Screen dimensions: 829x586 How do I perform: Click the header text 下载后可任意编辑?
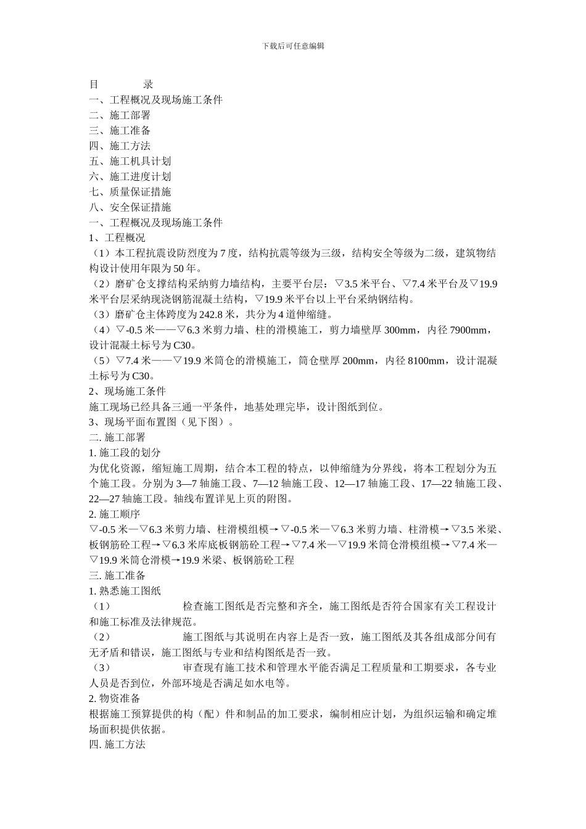(293, 46)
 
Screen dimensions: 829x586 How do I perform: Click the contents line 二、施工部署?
(120, 115)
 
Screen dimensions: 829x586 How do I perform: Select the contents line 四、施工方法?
(120, 146)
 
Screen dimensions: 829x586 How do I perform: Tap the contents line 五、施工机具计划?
(130, 161)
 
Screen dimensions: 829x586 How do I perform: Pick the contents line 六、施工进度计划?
(130, 176)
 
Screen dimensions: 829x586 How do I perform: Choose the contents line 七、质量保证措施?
(130, 192)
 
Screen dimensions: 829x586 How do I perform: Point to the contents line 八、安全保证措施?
(130, 207)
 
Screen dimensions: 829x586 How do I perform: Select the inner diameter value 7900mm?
(469, 330)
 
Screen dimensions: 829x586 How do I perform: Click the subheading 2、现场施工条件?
(127, 391)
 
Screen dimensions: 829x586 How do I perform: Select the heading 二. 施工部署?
(117, 437)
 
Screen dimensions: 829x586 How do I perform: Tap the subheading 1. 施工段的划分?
(125, 453)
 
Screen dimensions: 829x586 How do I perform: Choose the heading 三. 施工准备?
(117, 575)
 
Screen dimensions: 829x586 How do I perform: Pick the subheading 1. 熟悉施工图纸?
(125, 591)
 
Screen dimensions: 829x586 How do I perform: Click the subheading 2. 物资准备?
(115, 698)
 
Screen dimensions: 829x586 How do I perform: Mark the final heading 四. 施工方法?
(117, 744)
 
